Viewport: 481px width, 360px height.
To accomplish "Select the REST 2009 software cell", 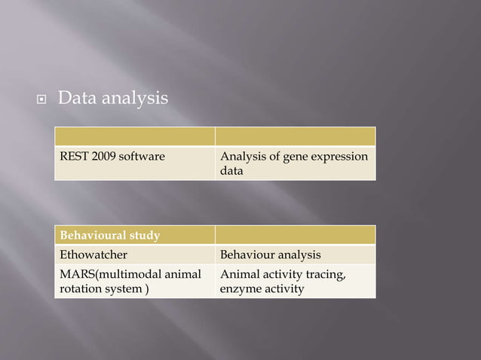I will [133, 163].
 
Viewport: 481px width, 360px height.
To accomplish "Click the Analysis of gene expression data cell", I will [294, 163].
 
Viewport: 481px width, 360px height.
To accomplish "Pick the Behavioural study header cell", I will [133, 236].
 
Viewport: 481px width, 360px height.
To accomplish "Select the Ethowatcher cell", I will [133, 255].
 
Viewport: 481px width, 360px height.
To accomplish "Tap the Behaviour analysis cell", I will [294, 255].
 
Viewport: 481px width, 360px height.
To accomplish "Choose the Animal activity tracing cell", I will [294, 281].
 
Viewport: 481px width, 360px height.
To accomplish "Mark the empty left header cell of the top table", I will [133, 136].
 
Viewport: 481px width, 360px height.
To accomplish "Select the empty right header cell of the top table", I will [294, 136].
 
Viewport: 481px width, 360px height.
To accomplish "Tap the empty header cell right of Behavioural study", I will [294, 236].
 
